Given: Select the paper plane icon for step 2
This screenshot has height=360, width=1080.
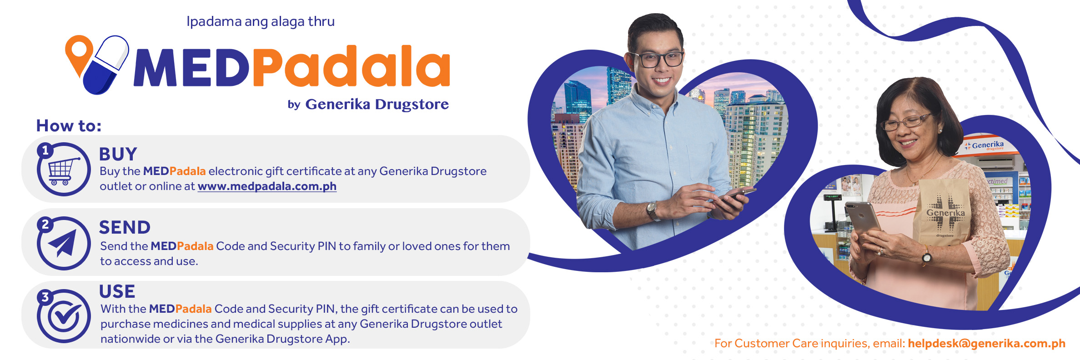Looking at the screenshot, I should coord(64,244).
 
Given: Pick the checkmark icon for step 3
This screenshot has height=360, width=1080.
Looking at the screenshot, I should coord(64,316).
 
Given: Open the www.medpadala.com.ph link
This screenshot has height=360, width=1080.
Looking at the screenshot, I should coord(267,186).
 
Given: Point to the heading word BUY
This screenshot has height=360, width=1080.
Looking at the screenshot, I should coord(118,155).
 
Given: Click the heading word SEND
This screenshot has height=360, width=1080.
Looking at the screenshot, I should coord(125,228).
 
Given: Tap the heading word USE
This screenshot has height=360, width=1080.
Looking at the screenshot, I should coord(117,291).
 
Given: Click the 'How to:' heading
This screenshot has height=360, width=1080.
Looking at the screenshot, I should coord(69,126).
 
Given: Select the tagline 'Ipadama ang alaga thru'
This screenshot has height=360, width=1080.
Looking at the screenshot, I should coord(260,21).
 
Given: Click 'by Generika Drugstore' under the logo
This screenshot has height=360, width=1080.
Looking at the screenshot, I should coord(368,104).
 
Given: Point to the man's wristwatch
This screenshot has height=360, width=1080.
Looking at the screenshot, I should coord(653,210).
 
